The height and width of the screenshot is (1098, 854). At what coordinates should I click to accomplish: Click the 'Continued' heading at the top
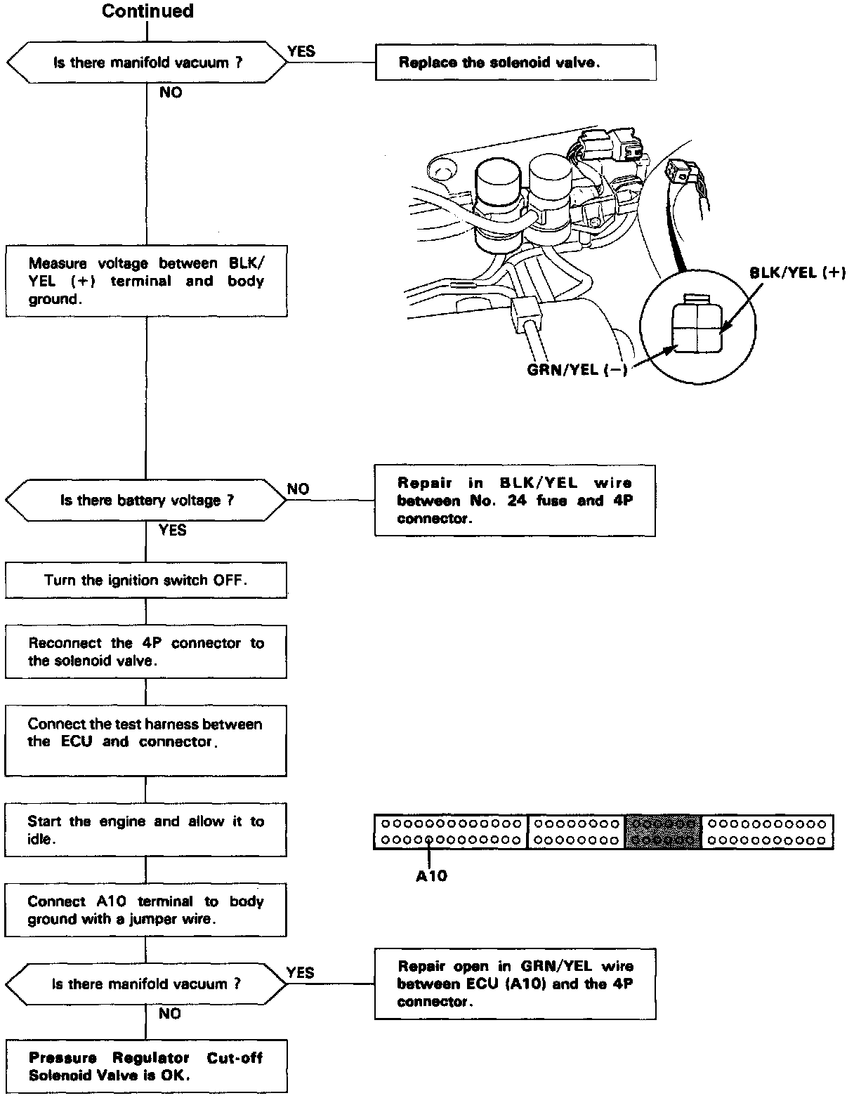(147, 11)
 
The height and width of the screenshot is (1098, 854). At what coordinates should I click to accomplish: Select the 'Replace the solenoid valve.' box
(515, 62)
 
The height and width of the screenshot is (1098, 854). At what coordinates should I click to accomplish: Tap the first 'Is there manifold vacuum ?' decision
(147, 62)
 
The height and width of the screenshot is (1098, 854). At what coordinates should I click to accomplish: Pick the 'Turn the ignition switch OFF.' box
(146, 580)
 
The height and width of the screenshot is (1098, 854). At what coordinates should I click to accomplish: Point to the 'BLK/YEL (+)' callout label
(797, 273)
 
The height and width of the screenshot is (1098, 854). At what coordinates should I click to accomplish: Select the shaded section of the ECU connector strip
(664, 831)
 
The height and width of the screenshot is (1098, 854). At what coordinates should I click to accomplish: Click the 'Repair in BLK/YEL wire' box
(515, 501)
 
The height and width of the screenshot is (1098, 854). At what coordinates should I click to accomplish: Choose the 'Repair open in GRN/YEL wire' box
(515, 984)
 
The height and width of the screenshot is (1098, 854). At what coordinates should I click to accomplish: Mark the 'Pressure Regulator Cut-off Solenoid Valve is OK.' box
(146, 1066)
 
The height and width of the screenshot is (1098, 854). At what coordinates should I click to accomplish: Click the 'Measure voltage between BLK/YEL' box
(146, 281)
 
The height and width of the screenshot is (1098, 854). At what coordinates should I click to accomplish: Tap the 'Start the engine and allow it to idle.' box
(146, 830)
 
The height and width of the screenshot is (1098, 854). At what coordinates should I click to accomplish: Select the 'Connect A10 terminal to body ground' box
(146, 910)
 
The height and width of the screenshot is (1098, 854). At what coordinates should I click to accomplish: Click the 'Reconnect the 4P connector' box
(146, 651)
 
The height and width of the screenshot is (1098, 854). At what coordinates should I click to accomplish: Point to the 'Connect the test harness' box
(146, 741)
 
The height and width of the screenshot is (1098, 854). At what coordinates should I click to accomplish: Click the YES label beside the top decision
(301, 51)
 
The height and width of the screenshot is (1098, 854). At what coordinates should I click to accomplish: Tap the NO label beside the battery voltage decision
(298, 489)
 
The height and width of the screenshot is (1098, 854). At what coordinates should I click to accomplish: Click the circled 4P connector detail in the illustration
(697, 327)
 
